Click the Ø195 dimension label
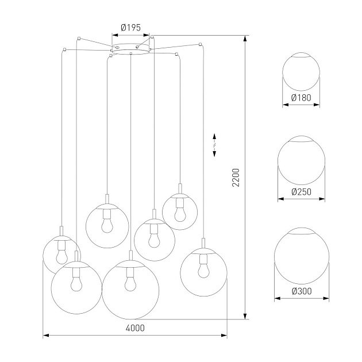pos(131,28)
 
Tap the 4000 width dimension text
pos(136,328)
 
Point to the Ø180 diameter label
pos(301,98)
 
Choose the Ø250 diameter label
pos(301,192)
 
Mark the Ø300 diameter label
pos(301,291)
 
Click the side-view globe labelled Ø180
pos(301,72)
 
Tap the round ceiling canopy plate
pos(131,50)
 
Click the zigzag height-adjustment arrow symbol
pos(214,143)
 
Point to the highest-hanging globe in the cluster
pos(180,211)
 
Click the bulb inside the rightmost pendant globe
pos(202,268)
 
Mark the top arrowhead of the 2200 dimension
pos(245,38)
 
